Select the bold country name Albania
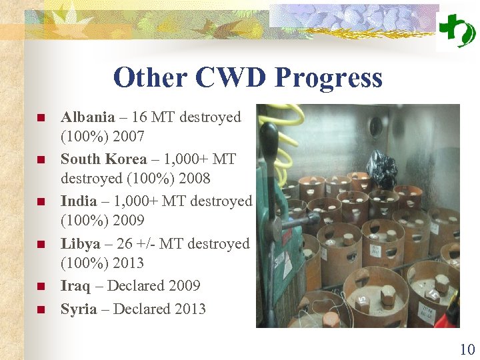(87, 117)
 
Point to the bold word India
(77, 201)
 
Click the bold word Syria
(79, 309)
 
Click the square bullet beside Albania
(40, 119)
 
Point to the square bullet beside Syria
(40, 310)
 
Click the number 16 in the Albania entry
(139, 117)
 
